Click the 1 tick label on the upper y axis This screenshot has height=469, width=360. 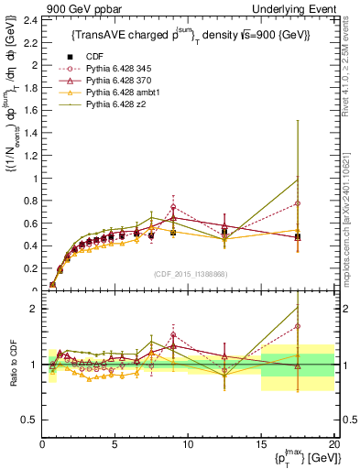[35, 178]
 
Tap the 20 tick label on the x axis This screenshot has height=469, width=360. [333, 445]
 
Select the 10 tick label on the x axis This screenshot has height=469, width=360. [188, 445]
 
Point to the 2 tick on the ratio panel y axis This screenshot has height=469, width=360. [35, 309]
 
